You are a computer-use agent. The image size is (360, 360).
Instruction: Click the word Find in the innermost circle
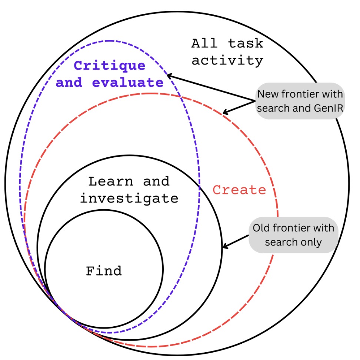(104, 271)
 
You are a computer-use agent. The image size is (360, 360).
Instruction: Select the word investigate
(129, 199)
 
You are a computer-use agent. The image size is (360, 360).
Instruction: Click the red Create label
(239, 190)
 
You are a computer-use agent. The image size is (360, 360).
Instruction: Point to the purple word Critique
(110, 66)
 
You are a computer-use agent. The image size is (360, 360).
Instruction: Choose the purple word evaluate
(127, 82)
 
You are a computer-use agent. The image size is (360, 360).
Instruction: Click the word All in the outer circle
(204, 43)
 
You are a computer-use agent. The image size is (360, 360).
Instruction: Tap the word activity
(227, 60)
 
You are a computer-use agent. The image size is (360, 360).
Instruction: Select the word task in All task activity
(245, 43)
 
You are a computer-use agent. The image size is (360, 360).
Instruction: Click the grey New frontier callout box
(300, 101)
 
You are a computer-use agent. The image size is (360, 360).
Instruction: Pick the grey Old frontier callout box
(293, 235)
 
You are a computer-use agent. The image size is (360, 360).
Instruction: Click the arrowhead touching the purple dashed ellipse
(170, 76)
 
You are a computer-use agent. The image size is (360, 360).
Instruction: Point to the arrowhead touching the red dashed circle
(225, 112)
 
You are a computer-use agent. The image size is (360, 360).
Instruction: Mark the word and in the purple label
(69, 82)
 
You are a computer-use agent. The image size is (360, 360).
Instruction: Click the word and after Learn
(156, 181)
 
